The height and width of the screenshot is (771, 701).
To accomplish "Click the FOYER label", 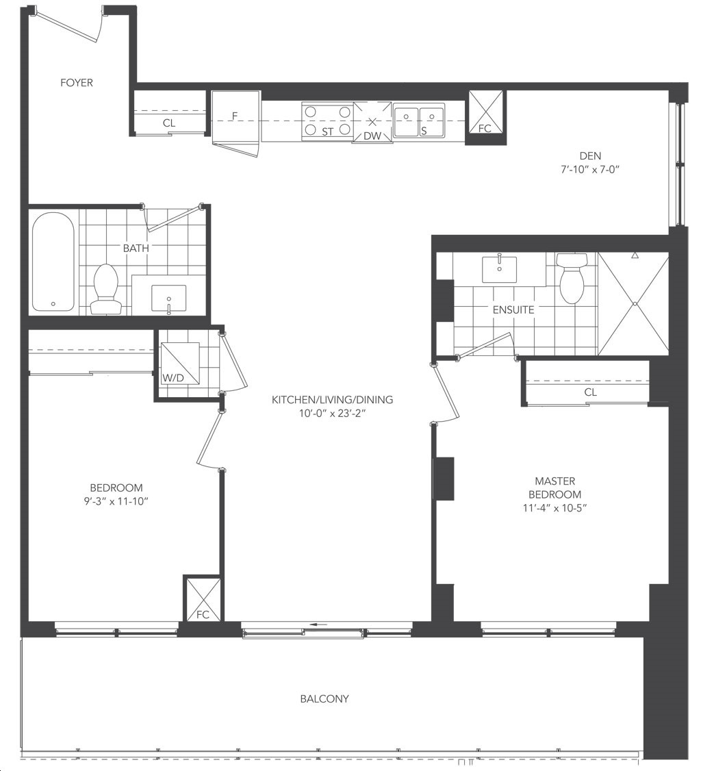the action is coord(76,83).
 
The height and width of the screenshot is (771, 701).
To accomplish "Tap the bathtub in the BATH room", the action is coord(53,262).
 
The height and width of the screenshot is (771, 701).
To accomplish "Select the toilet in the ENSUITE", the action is coord(573,277).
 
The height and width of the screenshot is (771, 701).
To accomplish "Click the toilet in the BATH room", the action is coord(105,290).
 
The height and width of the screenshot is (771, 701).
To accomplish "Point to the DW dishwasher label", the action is coord(372,136).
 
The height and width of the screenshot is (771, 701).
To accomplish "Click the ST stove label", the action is coord(327,131).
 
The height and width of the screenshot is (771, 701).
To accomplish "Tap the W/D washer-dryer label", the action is coord(173,378).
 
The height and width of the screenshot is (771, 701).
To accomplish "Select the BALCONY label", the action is coord(324,698).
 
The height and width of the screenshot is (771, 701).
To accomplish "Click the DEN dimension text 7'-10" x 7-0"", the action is coord(590,170).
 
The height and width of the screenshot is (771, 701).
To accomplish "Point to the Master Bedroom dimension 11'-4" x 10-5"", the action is coord(555,508).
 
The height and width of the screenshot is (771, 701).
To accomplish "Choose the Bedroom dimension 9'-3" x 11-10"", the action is coord(116,501).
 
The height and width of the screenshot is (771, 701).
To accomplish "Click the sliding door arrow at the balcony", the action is coord(318,625).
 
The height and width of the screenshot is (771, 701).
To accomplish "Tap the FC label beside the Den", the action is coord(485,128).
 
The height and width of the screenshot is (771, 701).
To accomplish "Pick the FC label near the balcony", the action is coord(203,615).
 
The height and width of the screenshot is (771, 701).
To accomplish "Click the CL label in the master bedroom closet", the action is coord(590,392).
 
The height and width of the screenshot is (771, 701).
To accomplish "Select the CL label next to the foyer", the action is coord(169,123).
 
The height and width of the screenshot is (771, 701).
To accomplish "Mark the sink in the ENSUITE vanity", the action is coord(500,269).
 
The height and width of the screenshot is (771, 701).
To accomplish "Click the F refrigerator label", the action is coord(235,116).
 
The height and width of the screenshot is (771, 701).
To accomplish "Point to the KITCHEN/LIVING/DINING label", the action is coord(332,400).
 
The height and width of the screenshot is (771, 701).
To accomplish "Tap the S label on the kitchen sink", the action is coord(424,131).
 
